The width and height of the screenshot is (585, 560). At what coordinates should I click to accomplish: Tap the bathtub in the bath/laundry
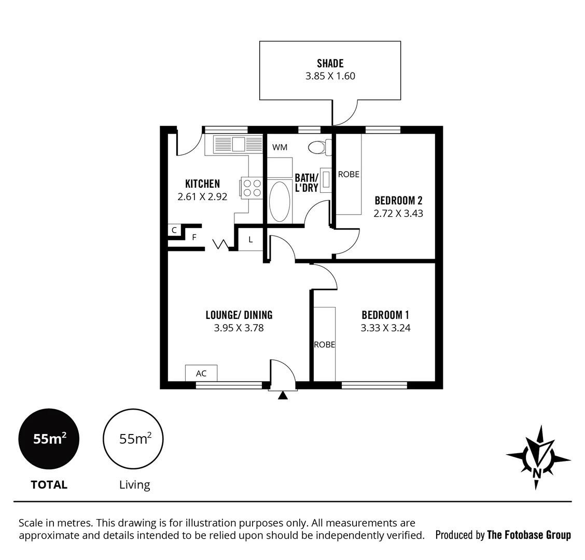pyautogui.click(x=280, y=202)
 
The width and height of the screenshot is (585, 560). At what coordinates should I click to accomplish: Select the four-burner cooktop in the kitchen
pyautogui.click(x=252, y=188)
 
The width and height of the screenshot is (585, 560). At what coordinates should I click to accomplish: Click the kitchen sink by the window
pyautogui.click(x=238, y=144)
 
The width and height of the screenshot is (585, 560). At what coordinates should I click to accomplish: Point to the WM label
pyautogui.click(x=280, y=147)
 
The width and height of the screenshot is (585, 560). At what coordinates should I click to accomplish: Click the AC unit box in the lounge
pyautogui.click(x=201, y=373)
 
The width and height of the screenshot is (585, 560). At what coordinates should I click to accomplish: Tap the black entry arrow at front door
pyautogui.click(x=283, y=396)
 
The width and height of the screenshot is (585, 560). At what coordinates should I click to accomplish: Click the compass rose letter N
pyautogui.click(x=537, y=473)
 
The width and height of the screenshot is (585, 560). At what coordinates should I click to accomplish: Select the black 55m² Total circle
pyautogui.click(x=49, y=439)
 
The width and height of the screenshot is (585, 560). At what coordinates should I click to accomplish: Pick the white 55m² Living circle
pyautogui.click(x=133, y=439)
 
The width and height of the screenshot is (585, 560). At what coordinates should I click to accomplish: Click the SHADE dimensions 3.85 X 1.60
pyautogui.click(x=330, y=76)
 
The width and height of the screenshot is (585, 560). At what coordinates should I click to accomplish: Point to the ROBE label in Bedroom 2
pyautogui.click(x=349, y=174)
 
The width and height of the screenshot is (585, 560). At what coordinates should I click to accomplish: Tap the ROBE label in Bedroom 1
pyautogui.click(x=324, y=345)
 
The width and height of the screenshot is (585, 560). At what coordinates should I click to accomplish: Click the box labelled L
pyautogui.click(x=250, y=240)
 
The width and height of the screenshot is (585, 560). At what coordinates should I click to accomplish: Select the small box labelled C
pyautogui.click(x=174, y=230)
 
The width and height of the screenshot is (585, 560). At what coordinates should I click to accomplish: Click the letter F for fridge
pyautogui.click(x=194, y=237)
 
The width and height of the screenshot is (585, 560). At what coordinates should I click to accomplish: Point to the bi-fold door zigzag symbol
pyautogui.click(x=220, y=244)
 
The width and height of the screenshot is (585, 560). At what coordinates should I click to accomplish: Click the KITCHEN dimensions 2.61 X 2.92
pyautogui.click(x=202, y=197)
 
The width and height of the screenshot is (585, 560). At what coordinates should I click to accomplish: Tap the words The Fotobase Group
pyautogui.click(x=528, y=535)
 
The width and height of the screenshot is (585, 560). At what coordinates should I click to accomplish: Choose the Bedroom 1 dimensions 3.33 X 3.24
pyautogui.click(x=385, y=328)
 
